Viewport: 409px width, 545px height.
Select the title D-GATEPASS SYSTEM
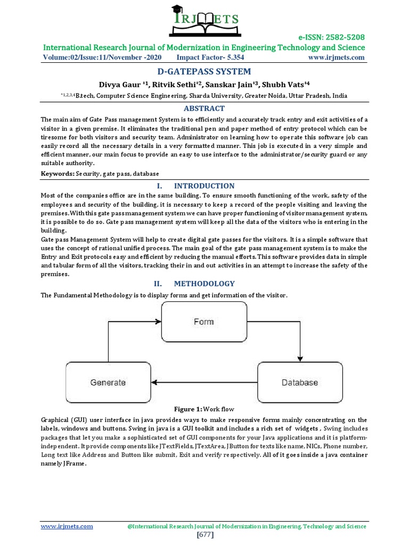click(x=204, y=71)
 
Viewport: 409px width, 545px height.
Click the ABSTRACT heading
click(x=204, y=109)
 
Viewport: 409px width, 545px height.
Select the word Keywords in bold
click(x=58, y=174)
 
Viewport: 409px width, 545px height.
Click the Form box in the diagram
click(x=204, y=321)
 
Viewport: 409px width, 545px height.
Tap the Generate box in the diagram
click(x=108, y=382)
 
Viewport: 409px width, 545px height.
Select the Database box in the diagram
click(x=300, y=382)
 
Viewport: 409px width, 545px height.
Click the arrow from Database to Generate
click(x=204, y=382)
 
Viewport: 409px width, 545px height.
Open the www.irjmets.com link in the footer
click(x=67, y=526)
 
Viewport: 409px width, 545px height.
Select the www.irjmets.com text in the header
click(x=337, y=57)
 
